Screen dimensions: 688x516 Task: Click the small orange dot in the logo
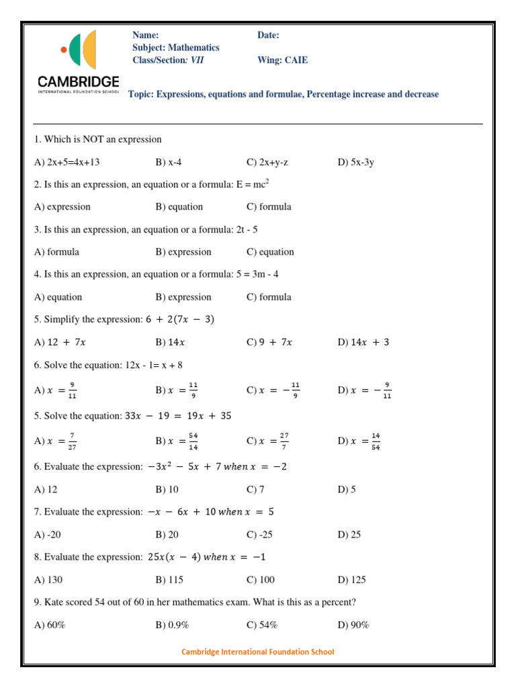click(x=64, y=49)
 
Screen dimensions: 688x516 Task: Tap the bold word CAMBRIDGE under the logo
click(x=79, y=81)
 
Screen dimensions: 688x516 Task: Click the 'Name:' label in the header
click(x=146, y=35)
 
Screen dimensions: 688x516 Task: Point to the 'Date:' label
click(x=268, y=35)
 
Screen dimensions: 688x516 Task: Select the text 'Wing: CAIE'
click(x=282, y=60)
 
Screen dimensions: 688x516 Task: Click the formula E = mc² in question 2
click(x=253, y=183)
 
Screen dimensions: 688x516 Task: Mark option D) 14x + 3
click(x=363, y=342)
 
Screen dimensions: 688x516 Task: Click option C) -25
click(x=259, y=534)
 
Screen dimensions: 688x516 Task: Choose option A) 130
click(x=48, y=579)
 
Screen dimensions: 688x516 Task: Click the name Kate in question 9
click(x=54, y=602)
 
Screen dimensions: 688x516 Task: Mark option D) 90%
click(x=353, y=625)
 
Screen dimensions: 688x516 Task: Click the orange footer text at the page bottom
click(x=258, y=652)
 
